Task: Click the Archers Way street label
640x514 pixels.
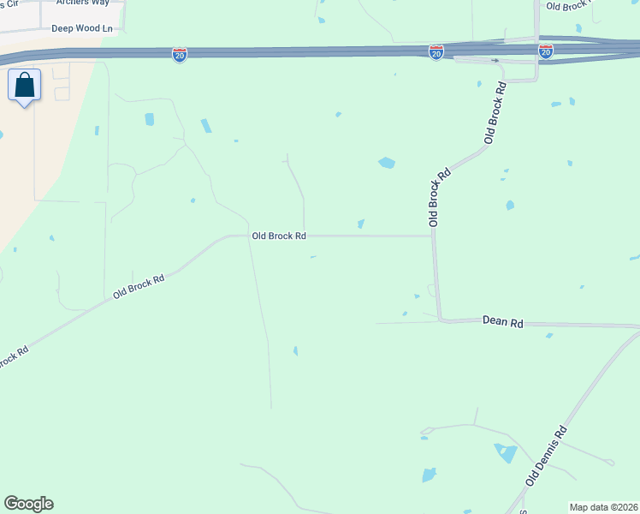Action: pyautogui.click(x=85, y=3)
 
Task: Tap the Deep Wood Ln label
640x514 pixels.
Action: pyautogui.click(x=82, y=28)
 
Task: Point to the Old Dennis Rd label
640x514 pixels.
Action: pyautogui.click(x=546, y=457)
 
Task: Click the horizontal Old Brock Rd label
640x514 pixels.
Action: pyautogui.click(x=279, y=236)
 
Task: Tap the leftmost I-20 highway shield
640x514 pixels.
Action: pyautogui.click(x=180, y=55)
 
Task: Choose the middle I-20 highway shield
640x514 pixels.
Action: pyautogui.click(x=436, y=52)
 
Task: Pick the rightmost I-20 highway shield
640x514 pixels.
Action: pyautogui.click(x=546, y=52)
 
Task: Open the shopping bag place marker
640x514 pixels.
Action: pyautogui.click(x=25, y=86)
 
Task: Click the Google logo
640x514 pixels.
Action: pyautogui.click(x=28, y=504)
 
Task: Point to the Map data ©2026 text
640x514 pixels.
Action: pyautogui.click(x=603, y=507)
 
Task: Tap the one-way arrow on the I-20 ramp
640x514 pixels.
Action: pyautogui.click(x=495, y=61)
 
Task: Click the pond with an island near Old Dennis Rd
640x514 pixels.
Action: pyautogui.click(x=506, y=452)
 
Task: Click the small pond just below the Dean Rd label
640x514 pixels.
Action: pyautogui.click(x=548, y=335)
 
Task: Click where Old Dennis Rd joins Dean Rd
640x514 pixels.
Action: pyautogui.click(x=636, y=326)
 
